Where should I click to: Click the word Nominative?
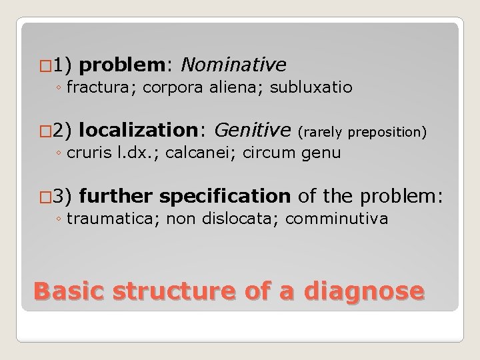click(x=233, y=64)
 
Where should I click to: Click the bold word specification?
click(x=225, y=196)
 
